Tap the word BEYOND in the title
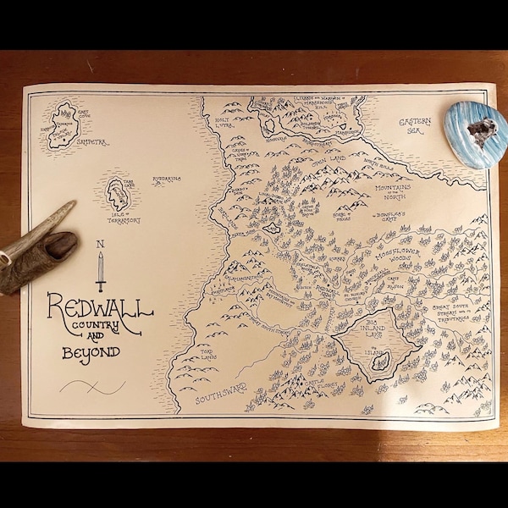[x=91, y=351]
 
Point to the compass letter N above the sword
[x=101, y=246]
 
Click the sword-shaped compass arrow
[x=101, y=271]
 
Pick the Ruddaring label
[x=168, y=180]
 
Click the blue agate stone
[x=476, y=135]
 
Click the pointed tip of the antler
[x=71, y=203]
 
